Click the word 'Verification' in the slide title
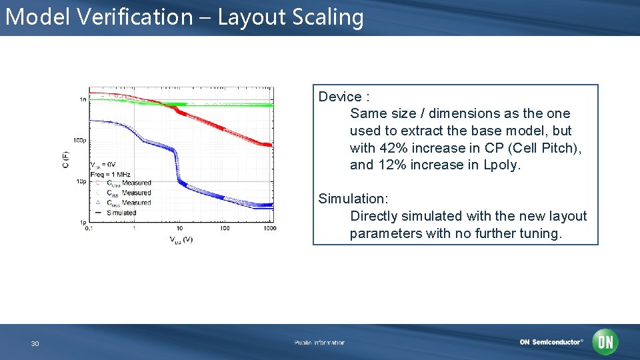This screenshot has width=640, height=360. (134, 17)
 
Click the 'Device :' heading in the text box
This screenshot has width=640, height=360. (344, 97)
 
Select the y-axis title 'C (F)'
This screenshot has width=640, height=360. (66, 158)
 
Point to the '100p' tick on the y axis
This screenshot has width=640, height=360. (79, 140)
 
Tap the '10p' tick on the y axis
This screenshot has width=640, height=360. (81, 181)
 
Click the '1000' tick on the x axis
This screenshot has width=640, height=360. (269, 229)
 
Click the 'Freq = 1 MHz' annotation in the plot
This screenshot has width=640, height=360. (111, 174)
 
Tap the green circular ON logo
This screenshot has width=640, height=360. (606, 342)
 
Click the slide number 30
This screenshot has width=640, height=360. (35, 343)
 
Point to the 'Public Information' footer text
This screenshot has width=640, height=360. (319, 343)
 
